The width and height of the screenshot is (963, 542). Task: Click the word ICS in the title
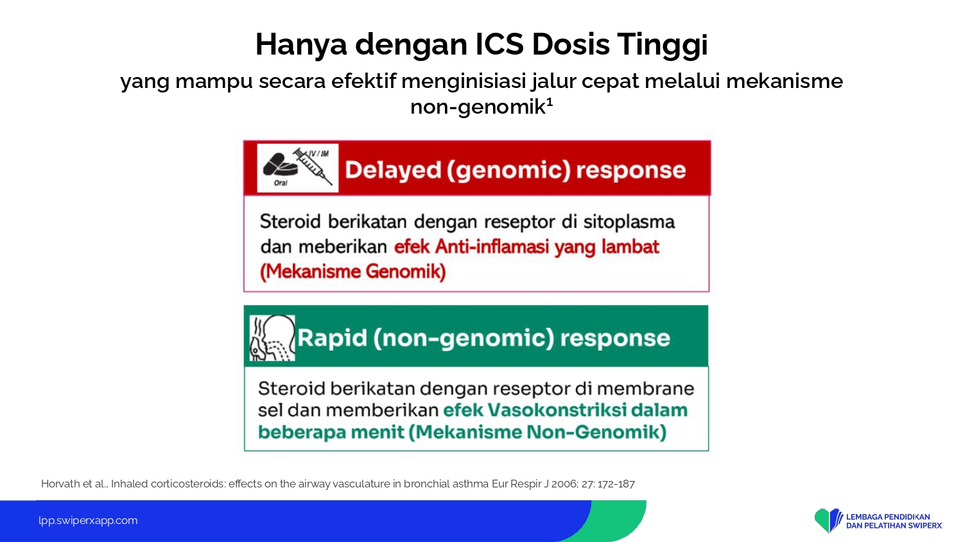pyautogui.click(x=499, y=44)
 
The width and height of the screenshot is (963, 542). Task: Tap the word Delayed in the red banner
pyautogui.click(x=393, y=170)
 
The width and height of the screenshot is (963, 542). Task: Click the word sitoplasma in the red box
pyautogui.click(x=629, y=222)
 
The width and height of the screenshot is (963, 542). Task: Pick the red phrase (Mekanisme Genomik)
pyautogui.click(x=353, y=272)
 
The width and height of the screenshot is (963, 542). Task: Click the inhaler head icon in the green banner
pyautogui.click(x=273, y=338)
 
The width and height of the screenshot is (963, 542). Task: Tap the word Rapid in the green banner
pyautogui.click(x=333, y=338)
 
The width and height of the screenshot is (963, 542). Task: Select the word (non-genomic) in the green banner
pyautogui.click(x=464, y=338)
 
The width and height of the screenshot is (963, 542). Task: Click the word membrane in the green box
pyautogui.click(x=645, y=389)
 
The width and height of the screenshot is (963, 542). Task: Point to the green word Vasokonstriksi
pyautogui.click(x=558, y=410)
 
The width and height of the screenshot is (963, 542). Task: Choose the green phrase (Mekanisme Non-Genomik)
pyautogui.click(x=537, y=432)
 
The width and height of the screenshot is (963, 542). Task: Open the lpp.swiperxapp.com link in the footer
pyautogui.click(x=88, y=521)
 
